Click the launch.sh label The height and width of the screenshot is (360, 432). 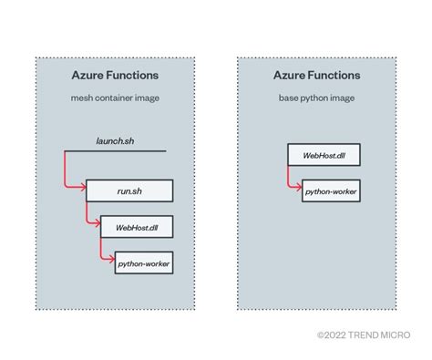pyautogui.click(x=115, y=141)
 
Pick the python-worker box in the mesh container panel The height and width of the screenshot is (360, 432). pyautogui.click(x=143, y=264)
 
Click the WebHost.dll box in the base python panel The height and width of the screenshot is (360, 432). pyautogui.click(x=323, y=155)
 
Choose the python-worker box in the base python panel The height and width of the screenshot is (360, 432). pyautogui.click(x=331, y=191)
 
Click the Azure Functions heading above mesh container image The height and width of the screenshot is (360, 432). pyautogui.click(x=115, y=75)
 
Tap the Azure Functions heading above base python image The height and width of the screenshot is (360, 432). pyautogui.click(x=316, y=75)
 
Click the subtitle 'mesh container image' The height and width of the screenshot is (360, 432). pyautogui.click(x=115, y=98)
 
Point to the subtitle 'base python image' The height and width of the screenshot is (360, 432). pyautogui.click(x=316, y=98)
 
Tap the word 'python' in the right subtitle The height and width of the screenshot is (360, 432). pyautogui.click(x=315, y=98)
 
